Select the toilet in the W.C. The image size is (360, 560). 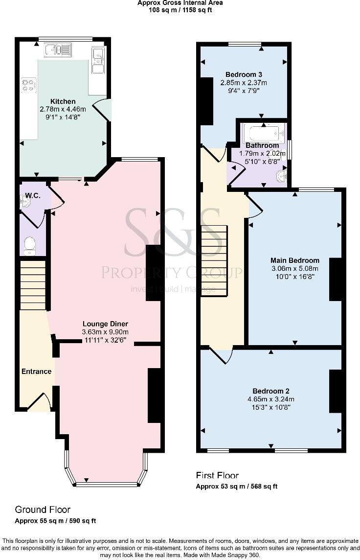(30, 245)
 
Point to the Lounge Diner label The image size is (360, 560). (105, 324)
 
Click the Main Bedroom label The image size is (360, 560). (295, 260)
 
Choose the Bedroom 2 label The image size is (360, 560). (270, 391)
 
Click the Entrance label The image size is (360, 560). (36, 372)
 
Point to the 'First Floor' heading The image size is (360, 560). (217, 475)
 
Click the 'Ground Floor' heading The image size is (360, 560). (43, 510)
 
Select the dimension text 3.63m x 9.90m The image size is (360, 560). (105, 332)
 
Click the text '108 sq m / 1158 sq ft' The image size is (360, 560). (180, 9)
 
